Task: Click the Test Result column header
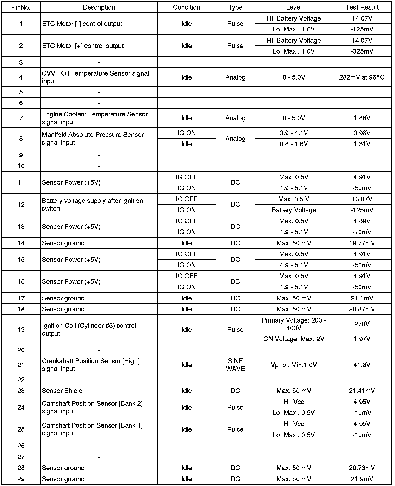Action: click(362, 7)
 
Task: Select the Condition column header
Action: click(187, 7)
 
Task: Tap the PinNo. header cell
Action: click(21, 7)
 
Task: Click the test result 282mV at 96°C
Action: click(362, 77)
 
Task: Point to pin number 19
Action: click(21, 330)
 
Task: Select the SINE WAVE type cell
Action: click(235, 365)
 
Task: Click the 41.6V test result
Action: click(362, 365)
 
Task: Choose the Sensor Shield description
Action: click(62, 391)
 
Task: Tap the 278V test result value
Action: click(362, 324)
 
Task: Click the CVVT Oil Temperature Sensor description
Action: click(95, 77)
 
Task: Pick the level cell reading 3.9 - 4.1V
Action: click(294, 133)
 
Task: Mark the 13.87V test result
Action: click(362, 199)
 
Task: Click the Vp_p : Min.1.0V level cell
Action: click(294, 365)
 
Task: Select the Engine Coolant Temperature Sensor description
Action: click(95, 118)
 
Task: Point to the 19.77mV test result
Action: click(362, 243)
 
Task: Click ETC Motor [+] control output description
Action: click(83, 46)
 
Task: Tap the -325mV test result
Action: click(362, 51)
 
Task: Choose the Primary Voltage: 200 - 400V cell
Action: click(294, 324)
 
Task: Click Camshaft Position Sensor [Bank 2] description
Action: click(92, 407)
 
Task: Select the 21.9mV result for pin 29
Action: click(362, 479)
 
